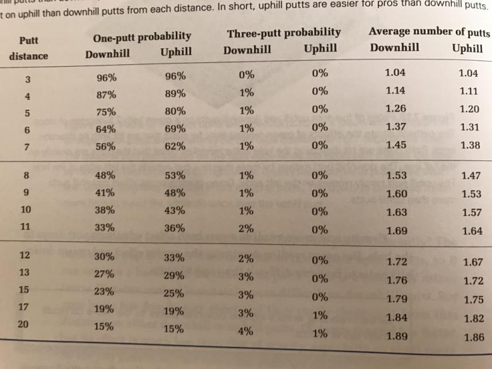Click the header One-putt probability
point(142,37)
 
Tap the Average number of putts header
point(425,31)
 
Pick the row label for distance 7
point(26,146)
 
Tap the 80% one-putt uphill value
point(175,112)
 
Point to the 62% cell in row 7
point(175,146)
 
